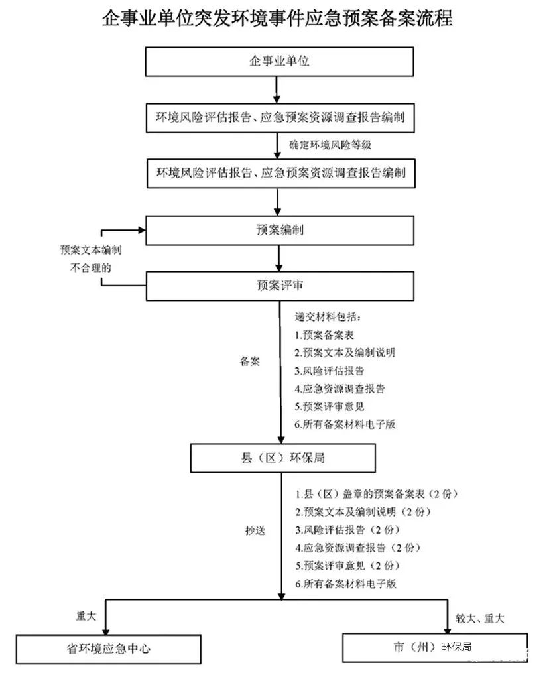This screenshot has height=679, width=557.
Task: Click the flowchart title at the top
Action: tap(278, 19)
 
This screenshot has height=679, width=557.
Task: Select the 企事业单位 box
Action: tap(280, 62)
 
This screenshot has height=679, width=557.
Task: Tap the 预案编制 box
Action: tap(280, 230)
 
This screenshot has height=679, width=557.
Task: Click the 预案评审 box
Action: tap(280, 286)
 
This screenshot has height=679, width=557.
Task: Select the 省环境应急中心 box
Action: tap(108, 648)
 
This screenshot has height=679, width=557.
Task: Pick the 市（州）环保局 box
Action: tap(434, 647)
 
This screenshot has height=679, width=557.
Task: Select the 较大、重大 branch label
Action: tap(479, 619)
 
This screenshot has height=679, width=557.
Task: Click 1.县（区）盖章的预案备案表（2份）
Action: tap(377, 495)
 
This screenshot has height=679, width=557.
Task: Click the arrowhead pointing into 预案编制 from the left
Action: tap(140, 230)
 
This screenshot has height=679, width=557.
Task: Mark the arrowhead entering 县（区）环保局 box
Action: tap(281, 438)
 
